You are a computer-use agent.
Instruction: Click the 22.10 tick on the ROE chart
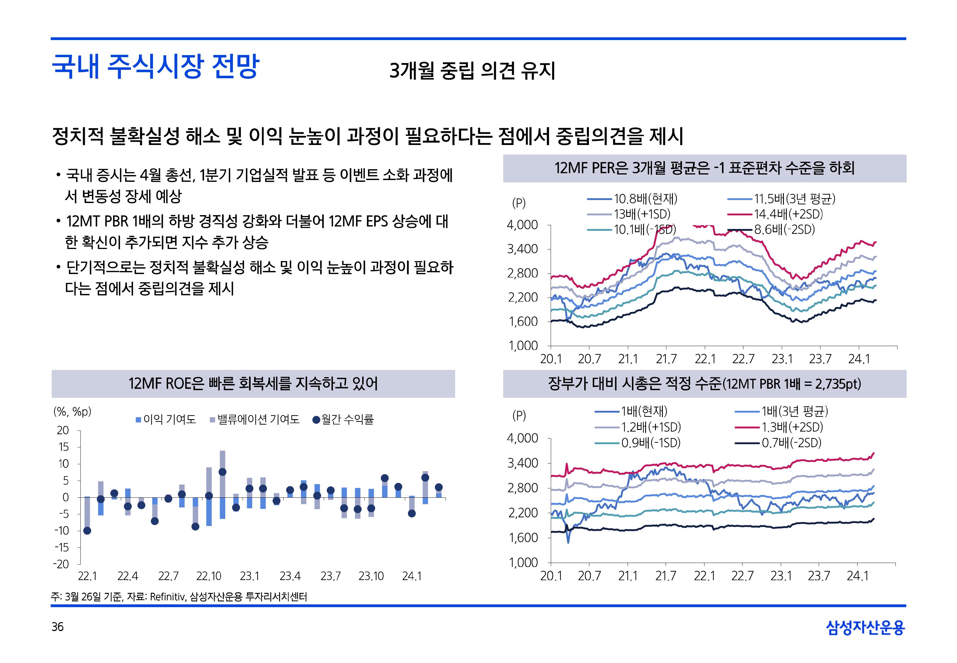[209, 576]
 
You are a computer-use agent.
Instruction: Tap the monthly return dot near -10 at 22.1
[87, 530]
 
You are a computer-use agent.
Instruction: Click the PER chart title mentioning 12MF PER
[704, 168]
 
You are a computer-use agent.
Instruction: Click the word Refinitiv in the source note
[167, 597]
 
